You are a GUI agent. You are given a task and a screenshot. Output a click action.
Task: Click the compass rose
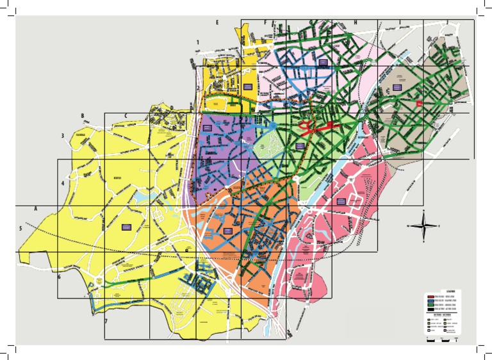(424, 225)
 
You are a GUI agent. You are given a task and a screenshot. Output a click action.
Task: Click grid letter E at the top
(217, 22)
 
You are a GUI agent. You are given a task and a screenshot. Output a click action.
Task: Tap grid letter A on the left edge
(36, 209)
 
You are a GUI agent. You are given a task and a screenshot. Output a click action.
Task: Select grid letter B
(83, 115)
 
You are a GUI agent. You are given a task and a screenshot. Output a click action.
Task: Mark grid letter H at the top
(355, 22)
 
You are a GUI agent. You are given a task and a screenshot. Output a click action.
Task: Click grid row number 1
(198, 42)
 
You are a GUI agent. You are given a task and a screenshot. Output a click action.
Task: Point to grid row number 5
(20, 228)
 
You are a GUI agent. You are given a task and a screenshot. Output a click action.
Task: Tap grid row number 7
(106, 320)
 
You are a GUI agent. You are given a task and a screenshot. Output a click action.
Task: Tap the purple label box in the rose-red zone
(341, 201)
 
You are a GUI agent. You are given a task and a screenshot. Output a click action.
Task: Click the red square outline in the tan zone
(420, 102)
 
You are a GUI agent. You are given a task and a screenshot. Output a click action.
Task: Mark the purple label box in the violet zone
(207, 128)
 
